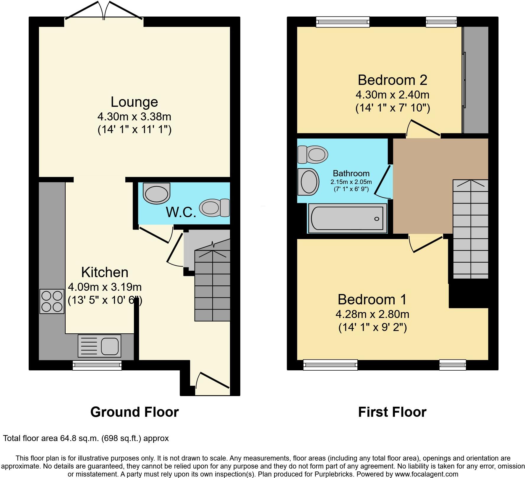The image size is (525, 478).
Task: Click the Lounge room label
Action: click(x=134, y=102)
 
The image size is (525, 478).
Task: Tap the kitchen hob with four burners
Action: click(x=52, y=301)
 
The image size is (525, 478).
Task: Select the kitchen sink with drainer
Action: click(x=99, y=346)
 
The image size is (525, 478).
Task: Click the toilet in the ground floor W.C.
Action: click(x=214, y=207)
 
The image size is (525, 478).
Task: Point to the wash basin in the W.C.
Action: click(x=157, y=193)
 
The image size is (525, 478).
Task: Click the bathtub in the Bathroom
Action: click(x=347, y=218)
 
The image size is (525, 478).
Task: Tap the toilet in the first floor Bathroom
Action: click(x=313, y=154)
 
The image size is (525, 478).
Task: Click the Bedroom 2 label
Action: click(x=392, y=80)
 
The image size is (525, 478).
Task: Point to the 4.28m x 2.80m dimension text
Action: click(x=372, y=314)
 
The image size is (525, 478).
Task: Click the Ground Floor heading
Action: click(x=134, y=412)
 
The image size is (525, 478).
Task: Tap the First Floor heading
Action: click(x=392, y=412)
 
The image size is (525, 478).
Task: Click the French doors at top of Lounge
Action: click(x=104, y=12)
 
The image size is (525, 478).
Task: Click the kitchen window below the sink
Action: click(x=97, y=365)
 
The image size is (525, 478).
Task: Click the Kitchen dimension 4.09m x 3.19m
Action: click(x=105, y=287)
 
